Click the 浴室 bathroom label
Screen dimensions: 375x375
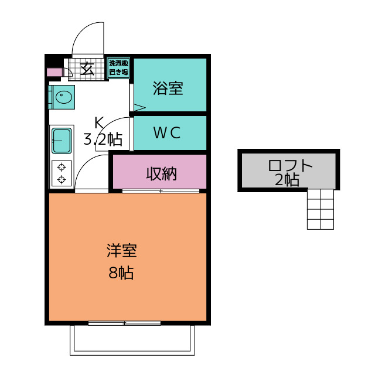(x=168, y=88)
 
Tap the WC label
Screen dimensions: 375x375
(x=167, y=133)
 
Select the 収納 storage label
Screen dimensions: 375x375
(x=162, y=173)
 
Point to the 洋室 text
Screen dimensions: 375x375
(x=122, y=250)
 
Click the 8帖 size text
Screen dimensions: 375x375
(x=121, y=272)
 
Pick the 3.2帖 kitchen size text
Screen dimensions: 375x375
(x=103, y=139)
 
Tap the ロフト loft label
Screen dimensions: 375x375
(x=291, y=165)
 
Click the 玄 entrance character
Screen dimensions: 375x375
(x=87, y=69)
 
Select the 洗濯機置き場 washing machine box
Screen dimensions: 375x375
(x=118, y=68)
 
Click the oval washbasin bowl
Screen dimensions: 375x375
(x=64, y=97)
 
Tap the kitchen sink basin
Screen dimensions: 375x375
(x=62, y=141)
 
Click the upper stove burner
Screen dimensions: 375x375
(x=62, y=167)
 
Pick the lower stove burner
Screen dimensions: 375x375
(x=62, y=179)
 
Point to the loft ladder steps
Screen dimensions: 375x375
(x=321, y=209)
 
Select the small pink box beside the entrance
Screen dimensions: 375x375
(x=54, y=72)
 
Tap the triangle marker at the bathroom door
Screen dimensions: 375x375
(x=139, y=107)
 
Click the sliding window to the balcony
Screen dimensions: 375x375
(x=124, y=323)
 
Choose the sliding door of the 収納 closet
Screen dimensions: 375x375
(x=161, y=191)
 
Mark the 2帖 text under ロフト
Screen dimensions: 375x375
(x=287, y=180)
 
